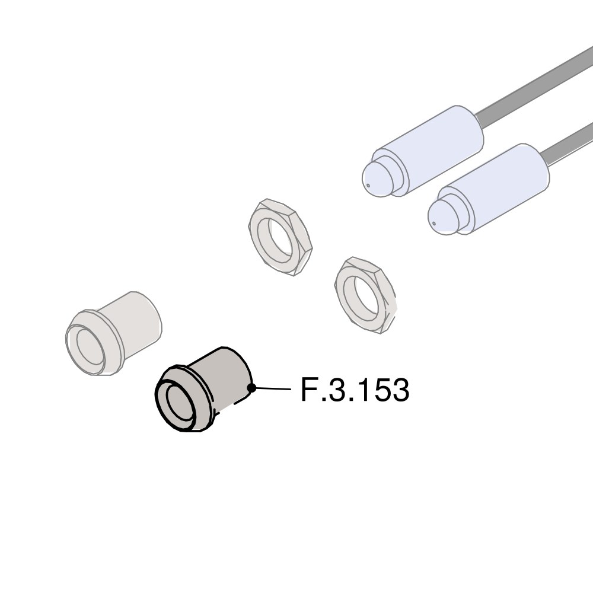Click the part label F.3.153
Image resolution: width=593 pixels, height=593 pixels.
coord(355,390)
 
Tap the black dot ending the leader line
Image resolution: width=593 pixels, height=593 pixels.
coord(251,388)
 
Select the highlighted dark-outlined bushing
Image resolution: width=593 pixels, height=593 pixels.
coord(203,390)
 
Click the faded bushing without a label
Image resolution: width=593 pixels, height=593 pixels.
coord(113,333)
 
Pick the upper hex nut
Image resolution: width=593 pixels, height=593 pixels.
coord(280,237)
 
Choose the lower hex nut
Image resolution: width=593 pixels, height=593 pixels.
coord(365,295)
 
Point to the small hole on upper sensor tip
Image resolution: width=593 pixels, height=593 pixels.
coord(368,185)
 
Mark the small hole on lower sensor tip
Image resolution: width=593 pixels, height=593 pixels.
coord(434,223)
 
